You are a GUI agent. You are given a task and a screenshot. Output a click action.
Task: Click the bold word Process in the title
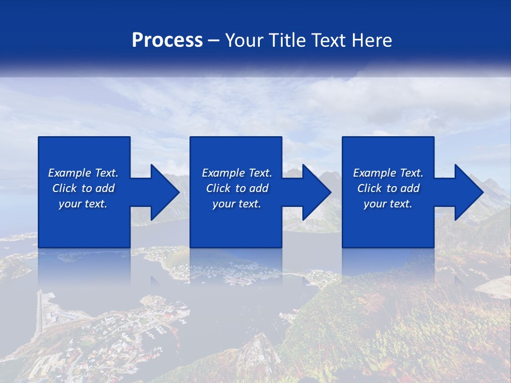click(167, 40)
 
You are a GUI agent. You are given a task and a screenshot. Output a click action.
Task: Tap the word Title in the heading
click(286, 40)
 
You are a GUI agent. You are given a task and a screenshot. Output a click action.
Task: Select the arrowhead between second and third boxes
click(317, 192)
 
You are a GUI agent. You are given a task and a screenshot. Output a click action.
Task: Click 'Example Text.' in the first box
click(83, 173)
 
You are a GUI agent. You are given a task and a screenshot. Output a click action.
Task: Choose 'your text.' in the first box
click(83, 204)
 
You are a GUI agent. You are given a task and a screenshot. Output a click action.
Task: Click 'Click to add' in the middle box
click(237, 188)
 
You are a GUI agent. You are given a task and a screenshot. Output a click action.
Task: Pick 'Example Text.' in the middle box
click(237, 173)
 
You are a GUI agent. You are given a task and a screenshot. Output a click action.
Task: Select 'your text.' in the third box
click(388, 204)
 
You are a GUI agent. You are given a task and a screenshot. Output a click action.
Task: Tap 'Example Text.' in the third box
click(388, 173)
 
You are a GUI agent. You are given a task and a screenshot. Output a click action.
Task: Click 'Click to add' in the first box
click(83, 188)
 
